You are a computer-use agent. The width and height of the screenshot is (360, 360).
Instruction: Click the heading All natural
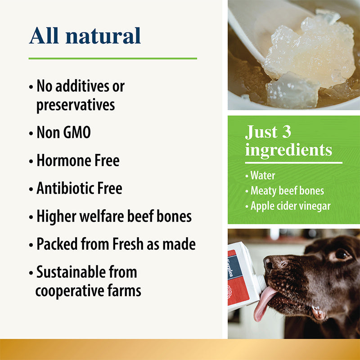coord(85,36)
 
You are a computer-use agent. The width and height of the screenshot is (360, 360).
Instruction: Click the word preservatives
coord(75,105)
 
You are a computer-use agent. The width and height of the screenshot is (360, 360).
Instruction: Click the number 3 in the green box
coord(286,132)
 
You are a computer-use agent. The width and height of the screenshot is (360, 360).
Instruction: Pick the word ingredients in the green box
coord(288,150)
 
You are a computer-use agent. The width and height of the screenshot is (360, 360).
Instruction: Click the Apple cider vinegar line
coord(290,206)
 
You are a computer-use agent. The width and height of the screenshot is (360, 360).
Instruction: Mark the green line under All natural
coord(112,58)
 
